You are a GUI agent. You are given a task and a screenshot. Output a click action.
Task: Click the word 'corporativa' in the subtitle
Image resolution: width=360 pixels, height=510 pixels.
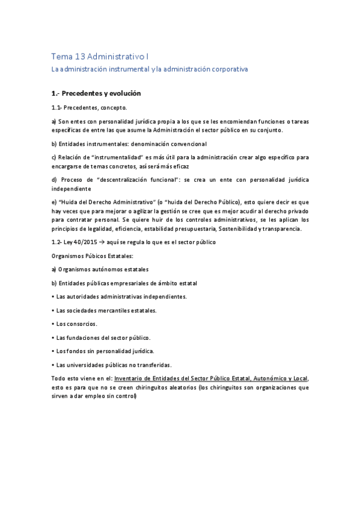pyautogui.click(x=227, y=69)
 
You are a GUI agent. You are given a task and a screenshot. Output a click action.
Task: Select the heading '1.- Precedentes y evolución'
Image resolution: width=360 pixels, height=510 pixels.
pyautogui.click(x=96, y=93)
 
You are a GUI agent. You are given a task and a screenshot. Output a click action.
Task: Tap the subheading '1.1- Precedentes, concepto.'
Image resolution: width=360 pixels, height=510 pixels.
pyautogui.click(x=89, y=107)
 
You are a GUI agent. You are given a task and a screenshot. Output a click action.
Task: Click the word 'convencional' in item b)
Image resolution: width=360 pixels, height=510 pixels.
pyautogui.click(x=186, y=144)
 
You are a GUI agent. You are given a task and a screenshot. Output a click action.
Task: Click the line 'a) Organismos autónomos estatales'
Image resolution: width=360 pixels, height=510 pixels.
pyautogui.click(x=100, y=269)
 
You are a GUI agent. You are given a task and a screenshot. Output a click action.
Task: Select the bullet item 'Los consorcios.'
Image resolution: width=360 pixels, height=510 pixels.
pyautogui.click(x=76, y=324)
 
